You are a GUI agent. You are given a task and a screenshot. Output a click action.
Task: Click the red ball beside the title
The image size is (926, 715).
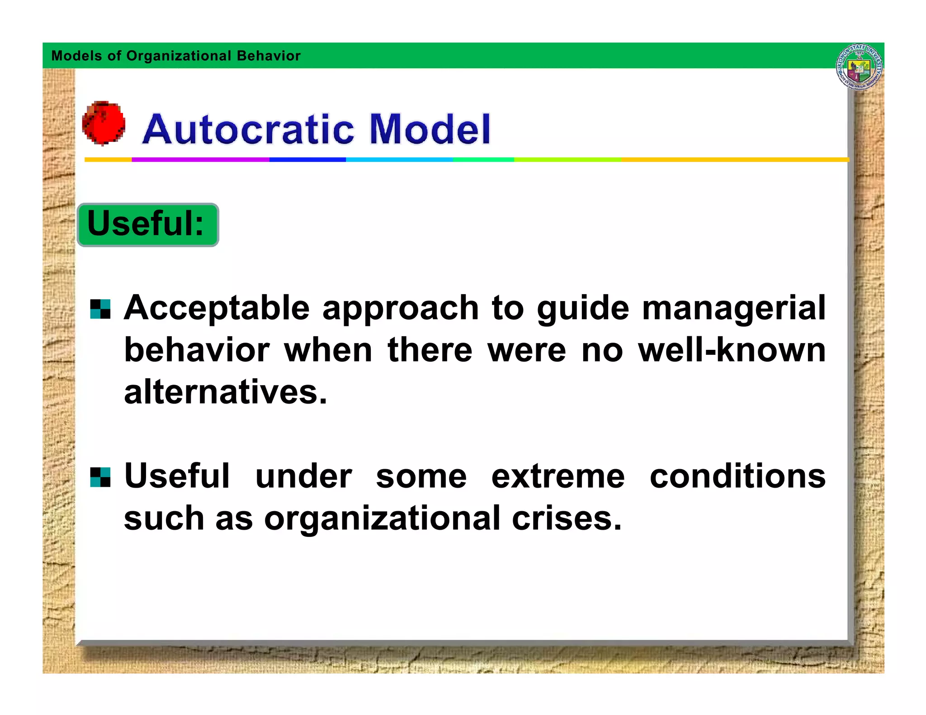click(x=104, y=123)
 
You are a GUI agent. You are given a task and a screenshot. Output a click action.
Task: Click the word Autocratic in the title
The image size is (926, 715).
click(x=248, y=129)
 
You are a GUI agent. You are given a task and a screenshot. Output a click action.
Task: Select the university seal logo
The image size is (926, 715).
click(x=859, y=67)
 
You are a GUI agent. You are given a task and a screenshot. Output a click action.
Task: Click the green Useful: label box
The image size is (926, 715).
click(x=147, y=225)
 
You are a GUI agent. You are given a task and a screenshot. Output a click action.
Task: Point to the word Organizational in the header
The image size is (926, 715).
click(x=179, y=56)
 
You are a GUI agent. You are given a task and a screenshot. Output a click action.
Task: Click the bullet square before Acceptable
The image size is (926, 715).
click(x=100, y=309)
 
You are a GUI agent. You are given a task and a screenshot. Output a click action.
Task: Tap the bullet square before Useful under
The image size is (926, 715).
click(x=100, y=477)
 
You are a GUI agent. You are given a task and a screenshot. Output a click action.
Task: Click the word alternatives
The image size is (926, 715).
click(x=225, y=392)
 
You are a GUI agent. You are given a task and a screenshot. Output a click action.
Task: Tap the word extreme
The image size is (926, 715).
click(x=557, y=477)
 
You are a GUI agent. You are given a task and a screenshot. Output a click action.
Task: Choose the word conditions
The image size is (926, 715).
click(x=737, y=477)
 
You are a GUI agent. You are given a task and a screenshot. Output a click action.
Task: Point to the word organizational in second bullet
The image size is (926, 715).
click(x=382, y=519)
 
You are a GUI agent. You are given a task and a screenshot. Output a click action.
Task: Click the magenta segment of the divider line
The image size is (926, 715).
click(x=200, y=160)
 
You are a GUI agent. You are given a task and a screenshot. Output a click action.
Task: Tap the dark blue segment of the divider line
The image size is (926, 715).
click(x=307, y=160)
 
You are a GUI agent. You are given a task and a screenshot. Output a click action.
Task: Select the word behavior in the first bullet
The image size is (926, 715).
click(x=197, y=350)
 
